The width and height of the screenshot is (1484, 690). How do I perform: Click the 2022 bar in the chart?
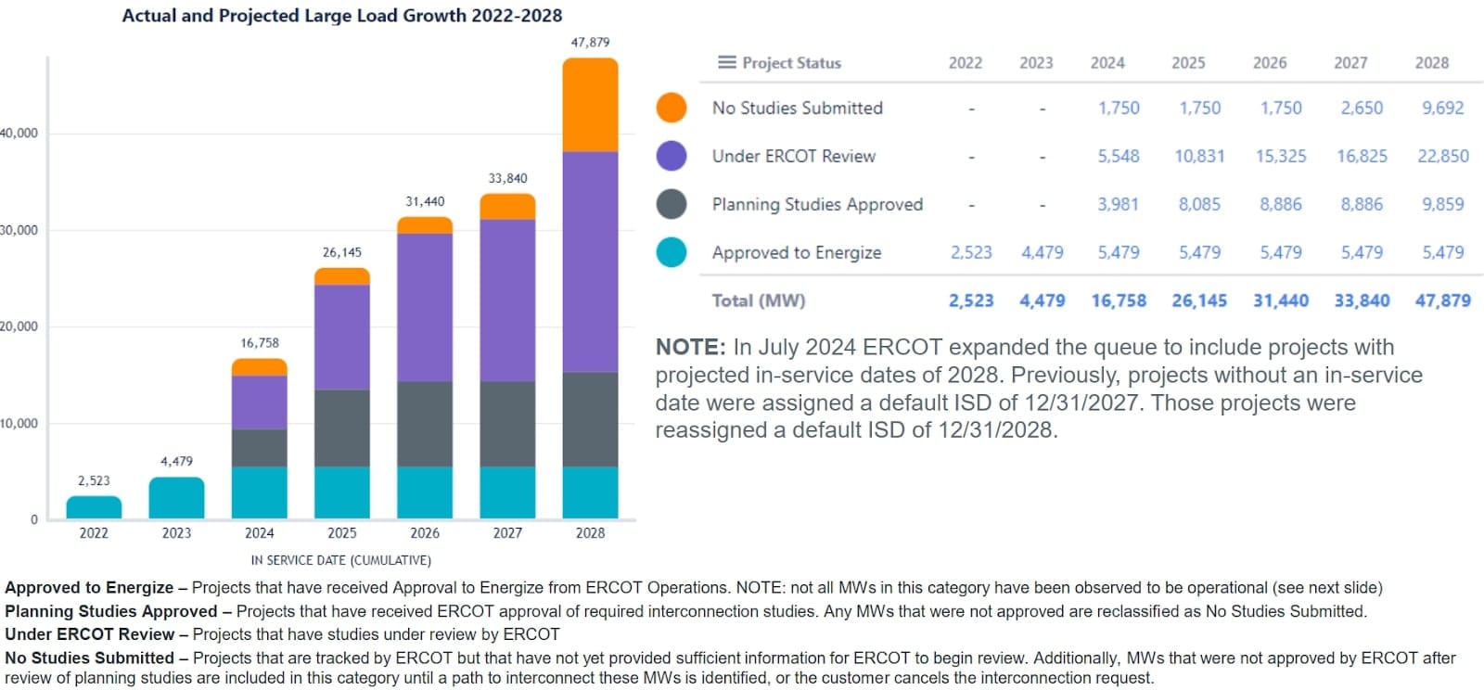point(94,507)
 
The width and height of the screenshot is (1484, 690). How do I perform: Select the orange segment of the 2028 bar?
point(590,105)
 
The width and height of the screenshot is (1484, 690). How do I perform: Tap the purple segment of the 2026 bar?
point(425,307)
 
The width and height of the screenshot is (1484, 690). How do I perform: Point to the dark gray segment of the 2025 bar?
point(342,428)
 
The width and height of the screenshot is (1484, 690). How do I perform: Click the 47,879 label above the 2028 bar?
point(590,43)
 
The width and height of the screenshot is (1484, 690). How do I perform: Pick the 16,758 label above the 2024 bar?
point(260,343)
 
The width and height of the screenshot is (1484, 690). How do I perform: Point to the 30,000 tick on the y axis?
point(19,230)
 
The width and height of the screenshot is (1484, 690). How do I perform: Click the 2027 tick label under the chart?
point(507,533)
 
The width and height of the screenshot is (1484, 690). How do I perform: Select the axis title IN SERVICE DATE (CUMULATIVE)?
point(340,560)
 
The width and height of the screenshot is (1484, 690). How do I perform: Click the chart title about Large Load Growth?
point(341,16)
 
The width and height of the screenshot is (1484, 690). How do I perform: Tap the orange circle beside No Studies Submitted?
point(672,108)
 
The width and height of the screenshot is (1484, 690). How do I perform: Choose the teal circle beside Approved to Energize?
point(672,252)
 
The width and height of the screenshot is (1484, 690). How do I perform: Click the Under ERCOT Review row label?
point(793,156)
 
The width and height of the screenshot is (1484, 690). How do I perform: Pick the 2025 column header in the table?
point(1188,63)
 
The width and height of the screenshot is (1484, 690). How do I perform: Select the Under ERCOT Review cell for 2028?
point(1442,156)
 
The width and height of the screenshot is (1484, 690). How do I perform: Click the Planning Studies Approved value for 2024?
point(1118,204)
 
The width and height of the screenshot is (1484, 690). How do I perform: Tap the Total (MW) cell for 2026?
point(1280,300)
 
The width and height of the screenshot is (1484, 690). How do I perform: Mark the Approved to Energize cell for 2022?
point(971,252)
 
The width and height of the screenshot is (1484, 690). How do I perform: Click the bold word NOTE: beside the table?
point(690,348)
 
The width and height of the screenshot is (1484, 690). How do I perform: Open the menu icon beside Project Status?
point(726,62)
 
